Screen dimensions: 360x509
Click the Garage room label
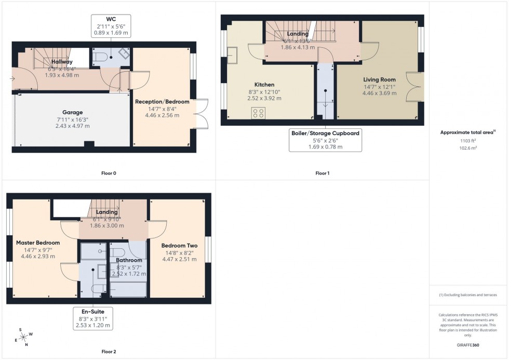pos(73,112)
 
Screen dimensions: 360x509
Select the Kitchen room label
pos(264,85)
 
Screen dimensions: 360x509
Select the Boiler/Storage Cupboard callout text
pos(325,133)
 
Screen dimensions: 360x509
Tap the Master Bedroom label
pos(38,243)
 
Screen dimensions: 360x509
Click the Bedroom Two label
pos(178,246)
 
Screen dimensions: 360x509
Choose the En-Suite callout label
pos(91,312)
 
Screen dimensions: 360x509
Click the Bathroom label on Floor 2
pos(129,260)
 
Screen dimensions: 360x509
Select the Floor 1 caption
pos(322,173)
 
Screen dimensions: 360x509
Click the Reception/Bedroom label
pos(162,102)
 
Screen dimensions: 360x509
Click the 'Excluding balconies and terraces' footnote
pos(468,295)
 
